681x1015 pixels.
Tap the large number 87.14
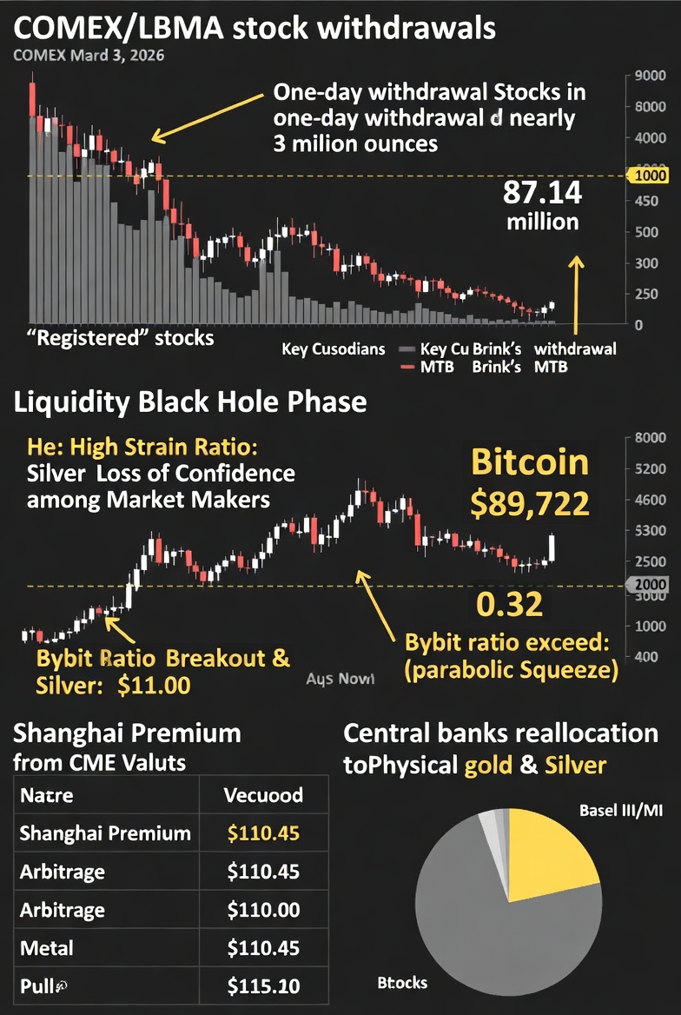[x=542, y=192]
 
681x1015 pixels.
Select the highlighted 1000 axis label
[x=651, y=176]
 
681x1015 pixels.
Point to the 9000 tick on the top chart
[x=651, y=76]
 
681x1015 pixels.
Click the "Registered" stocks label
[x=122, y=336]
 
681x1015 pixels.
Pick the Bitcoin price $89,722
[x=530, y=503]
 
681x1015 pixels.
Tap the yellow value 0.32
[x=511, y=604]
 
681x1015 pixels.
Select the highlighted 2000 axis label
[x=651, y=585]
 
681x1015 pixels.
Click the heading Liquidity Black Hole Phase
[x=189, y=403]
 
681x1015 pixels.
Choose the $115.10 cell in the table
[x=263, y=985]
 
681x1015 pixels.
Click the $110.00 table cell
[x=263, y=910]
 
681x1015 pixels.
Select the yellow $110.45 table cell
[x=263, y=834]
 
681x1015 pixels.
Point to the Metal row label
[x=47, y=947]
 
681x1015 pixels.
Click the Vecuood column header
[x=263, y=795]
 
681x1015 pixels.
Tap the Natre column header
[x=47, y=795]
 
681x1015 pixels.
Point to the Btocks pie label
[x=402, y=983]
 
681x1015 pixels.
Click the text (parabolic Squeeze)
[x=512, y=671]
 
